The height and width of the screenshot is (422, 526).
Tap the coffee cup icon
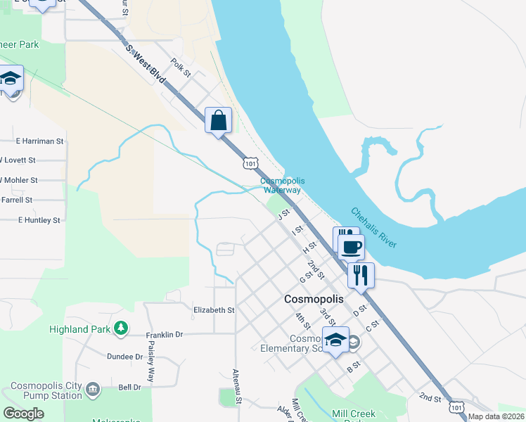coord(352,247)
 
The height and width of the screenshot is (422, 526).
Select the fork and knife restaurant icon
coord(361,275)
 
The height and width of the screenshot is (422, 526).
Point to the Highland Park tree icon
coord(122,328)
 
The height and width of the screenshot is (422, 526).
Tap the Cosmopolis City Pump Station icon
coord(92,389)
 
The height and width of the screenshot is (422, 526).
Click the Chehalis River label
coord(373,227)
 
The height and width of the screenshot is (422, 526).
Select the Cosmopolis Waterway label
coord(282,186)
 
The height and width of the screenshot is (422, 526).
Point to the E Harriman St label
coord(39,141)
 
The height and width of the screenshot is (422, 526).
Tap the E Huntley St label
coord(39,220)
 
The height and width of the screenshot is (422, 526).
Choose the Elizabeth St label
coord(214,309)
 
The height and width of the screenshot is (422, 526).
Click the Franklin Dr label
coord(164,335)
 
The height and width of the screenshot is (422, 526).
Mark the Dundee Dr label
coord(124,357)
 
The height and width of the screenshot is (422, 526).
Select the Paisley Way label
coord(151,366)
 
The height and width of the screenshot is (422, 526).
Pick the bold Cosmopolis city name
coord(314,299)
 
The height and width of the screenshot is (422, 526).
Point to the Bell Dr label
coord(129,387)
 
